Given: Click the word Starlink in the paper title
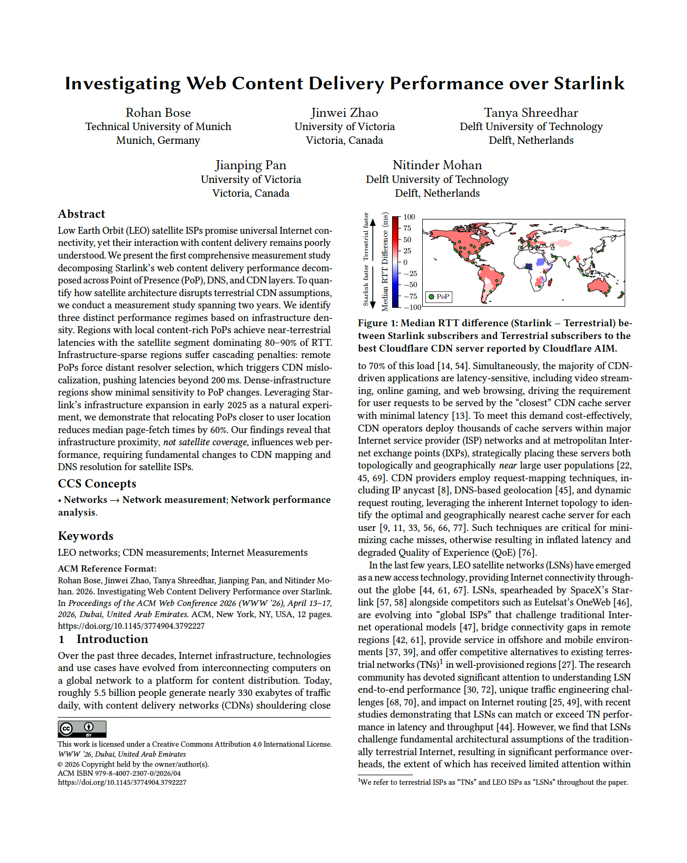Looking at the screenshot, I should [x=589, y=84].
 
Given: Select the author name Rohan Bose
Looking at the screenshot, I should [x=158, y=113].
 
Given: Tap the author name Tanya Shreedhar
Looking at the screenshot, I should [x=531, y=113].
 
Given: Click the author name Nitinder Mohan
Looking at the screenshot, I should [x=437, y=165].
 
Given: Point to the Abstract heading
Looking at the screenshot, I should [x=81, y=214].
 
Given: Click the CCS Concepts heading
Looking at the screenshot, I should [x=97, y=484].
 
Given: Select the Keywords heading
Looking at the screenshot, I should [x=86, y=536].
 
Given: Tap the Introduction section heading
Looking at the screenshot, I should [x=112, y=639].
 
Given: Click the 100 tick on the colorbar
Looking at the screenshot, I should [x=409, y=217].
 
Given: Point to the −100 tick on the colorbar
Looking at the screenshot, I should [x=412, y=307].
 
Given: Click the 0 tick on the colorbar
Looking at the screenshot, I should [x=405, y=262].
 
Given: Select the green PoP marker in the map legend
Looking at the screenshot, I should [x=431, y=297].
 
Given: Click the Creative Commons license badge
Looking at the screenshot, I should [x=82, y=729].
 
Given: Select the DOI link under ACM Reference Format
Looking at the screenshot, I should [x=131, y=626].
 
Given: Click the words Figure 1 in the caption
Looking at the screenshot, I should [x=377, y=323].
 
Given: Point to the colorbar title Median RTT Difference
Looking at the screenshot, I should [x=385, y=262].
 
